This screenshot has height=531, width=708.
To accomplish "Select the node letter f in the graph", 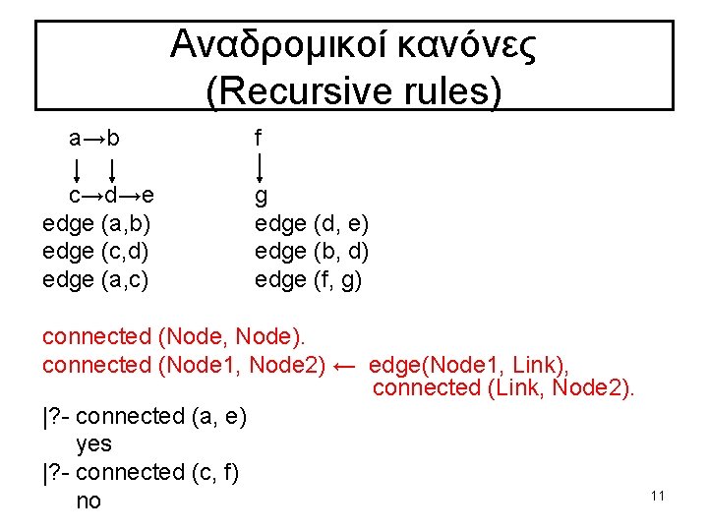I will click(259, 138).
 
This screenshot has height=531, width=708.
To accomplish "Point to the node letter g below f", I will click(261, 196).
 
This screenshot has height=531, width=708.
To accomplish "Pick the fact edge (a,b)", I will click(95, 223).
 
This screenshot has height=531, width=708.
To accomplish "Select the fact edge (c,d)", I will click(95, 252).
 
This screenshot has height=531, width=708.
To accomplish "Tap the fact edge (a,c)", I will click(95, 280).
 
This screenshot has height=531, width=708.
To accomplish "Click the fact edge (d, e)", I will click(312, 223).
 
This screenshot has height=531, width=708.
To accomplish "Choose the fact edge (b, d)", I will click(312, 252).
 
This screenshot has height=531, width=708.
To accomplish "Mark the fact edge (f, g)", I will click(309, 280).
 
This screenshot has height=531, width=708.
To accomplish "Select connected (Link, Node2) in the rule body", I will click(504, 387).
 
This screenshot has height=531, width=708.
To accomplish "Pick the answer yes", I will click(93, 443).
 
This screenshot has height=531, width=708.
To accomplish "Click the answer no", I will click(88, 501).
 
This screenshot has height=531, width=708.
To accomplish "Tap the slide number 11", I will click(658, 496).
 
